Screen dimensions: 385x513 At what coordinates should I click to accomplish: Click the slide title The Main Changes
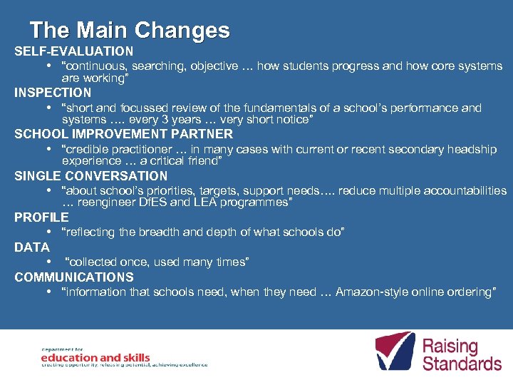[x=130, y=30]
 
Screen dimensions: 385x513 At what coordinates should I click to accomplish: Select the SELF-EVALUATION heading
[x=73, y=51]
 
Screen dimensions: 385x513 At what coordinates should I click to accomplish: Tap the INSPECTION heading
[x=53, y=93]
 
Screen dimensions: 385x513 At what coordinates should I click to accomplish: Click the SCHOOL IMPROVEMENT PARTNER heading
[x=123, y=134]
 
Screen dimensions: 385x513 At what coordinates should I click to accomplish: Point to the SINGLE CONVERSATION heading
[x=91, y=176]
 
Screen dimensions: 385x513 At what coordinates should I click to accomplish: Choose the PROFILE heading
[x=41, y=217]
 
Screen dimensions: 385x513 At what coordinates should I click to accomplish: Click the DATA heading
[x=32, y=247]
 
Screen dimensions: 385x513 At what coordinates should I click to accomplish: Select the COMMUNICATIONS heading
[x=73, y=277]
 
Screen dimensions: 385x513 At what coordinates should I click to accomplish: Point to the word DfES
[x=166, y=203]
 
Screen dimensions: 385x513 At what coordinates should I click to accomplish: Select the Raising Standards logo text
[x=462, y=354]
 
